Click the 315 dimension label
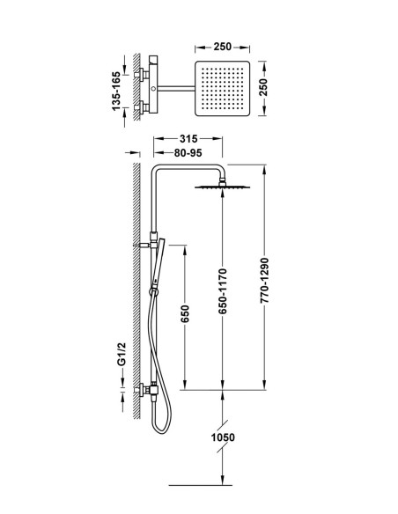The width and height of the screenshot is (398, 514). pyautogui.click(x=188, y=139)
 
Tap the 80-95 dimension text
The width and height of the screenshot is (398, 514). pyautogui.click(x=188, y=153)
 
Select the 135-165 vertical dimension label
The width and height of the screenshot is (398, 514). pyautogui.click(x=116, y=91)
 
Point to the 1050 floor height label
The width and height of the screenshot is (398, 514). pyautogui.click(x=223, y=437)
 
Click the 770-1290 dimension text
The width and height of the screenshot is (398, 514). pyautogui.click(x=264, y=280)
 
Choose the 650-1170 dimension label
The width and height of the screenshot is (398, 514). pyautogui.click(x=223, y=291)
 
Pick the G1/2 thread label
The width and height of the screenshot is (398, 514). pyautogui.click(x=122, y=354)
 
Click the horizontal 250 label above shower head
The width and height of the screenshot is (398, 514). pyautogui.click(x=222, y=47)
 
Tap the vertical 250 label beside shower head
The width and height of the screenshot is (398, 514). pyautogui.click(x=263, y=87)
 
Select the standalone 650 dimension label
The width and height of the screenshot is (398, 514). pyautogui.click(x=185, y=313)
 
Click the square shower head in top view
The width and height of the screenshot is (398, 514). pyautogui.click(x=222, y=88)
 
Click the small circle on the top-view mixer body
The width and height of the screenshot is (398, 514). pyautogui.click(x=153, y=89)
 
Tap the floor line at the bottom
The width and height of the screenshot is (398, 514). pyautogui.click(x=200, y=485)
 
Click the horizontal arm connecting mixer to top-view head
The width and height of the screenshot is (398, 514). pyautogui.click(x=176, y=87)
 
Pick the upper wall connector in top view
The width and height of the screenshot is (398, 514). pyautogui.click(x=141, y=75)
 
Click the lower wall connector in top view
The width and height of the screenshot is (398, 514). pyautogui.click(x=141, y=107)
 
